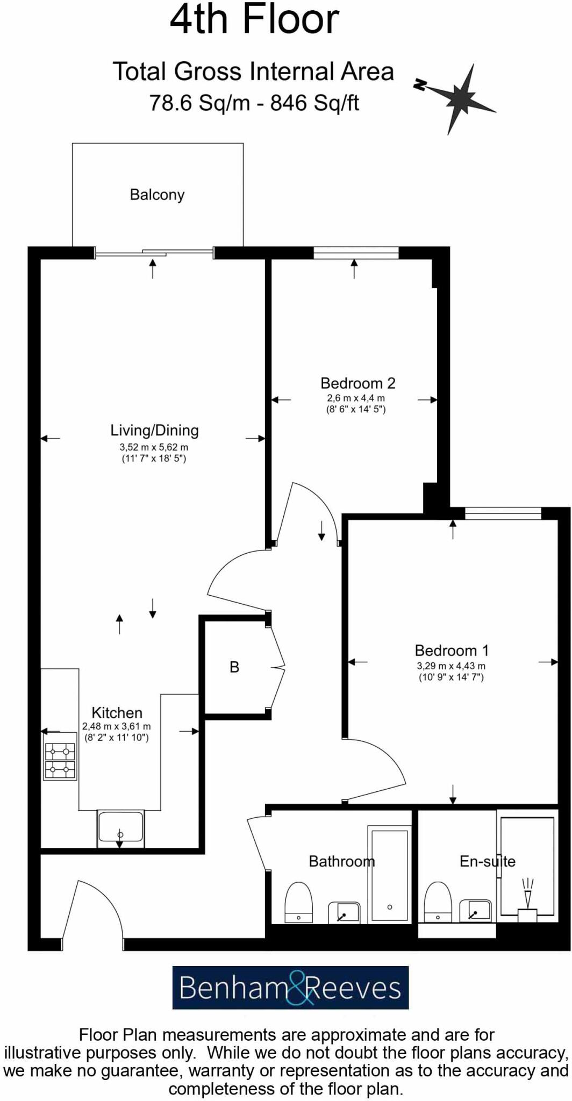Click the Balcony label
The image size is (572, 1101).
coord(157,195)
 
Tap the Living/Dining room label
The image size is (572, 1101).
coord(154,430)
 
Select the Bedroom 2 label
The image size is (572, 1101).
coord(358,383)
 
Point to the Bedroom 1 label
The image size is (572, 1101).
coord(452,650)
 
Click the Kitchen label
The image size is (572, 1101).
coord(117,713)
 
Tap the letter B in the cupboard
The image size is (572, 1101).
coord(234,667)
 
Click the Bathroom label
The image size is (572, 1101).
coord(341,861)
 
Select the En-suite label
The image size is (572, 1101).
coord(487,861)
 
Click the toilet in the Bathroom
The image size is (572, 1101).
coord(298,902)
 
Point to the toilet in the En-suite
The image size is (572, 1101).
coord(438,902)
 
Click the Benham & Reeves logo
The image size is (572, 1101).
coord(290,988)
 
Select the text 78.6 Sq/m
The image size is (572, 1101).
coord(199,102)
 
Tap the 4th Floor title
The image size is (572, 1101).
coord(254,19)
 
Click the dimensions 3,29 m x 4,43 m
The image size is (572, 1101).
coord(451,666)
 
